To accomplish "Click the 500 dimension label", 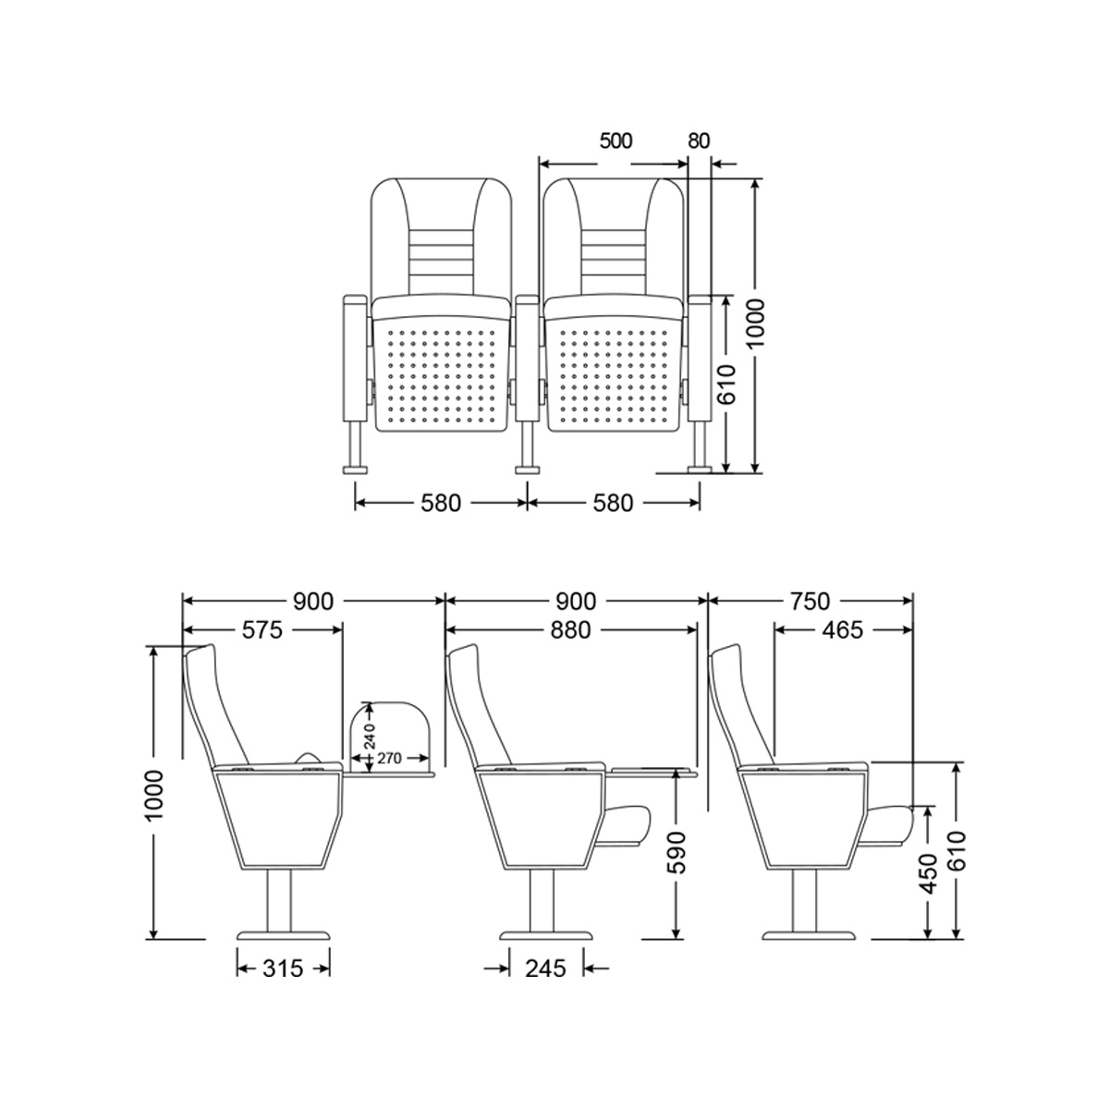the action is (x=615, y=141).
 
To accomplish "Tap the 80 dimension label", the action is (x=699, y=141).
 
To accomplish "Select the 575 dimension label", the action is (x=262, y=631).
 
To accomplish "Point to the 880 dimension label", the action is (x=570, y=631).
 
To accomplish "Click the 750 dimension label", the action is (x=810, y=602).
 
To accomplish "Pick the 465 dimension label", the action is (x=843, y=631).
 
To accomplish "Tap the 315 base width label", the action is (x=283, y=969).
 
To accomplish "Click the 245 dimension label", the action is (x=545, y=969).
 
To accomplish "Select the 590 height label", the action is (x=678, y=852).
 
